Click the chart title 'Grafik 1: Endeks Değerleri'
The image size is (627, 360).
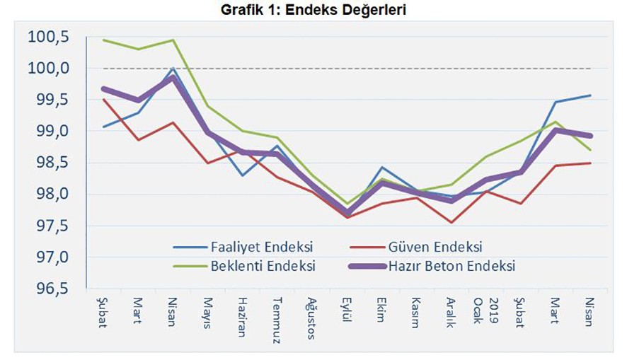click(x=313, y=11)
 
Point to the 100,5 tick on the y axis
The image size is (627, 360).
click(x=48, y=37)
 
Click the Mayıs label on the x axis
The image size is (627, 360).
click(x=208, y=310)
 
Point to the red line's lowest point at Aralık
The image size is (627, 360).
click(x=450, y=223)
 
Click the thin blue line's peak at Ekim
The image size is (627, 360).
click(x=381, y=168)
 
